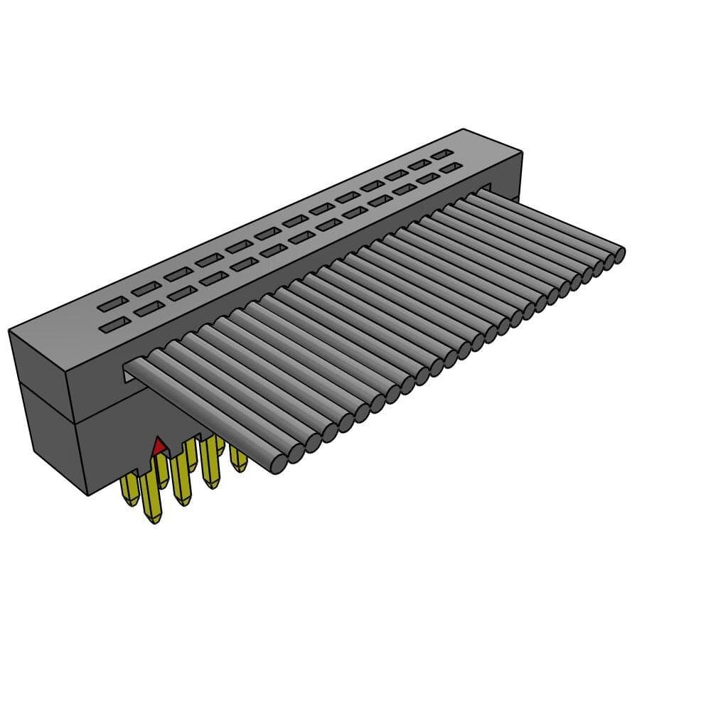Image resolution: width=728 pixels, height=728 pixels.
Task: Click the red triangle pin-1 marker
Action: [159, 447]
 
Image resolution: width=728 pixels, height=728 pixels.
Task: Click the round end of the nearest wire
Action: [279, 464]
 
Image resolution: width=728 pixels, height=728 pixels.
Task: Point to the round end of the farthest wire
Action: [619, 255]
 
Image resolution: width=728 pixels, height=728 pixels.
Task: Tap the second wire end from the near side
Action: [296, 453]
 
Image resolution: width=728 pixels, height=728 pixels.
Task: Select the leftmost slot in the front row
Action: [114, 326]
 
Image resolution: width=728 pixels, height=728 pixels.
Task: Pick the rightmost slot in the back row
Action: [441, 154]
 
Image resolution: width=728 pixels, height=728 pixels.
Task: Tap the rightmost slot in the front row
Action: [450, 169]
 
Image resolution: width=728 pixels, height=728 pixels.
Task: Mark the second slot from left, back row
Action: [146, 289]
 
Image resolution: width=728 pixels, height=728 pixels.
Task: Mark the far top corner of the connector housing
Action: [464, 129]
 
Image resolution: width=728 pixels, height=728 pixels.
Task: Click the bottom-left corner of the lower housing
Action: [87, 495]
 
